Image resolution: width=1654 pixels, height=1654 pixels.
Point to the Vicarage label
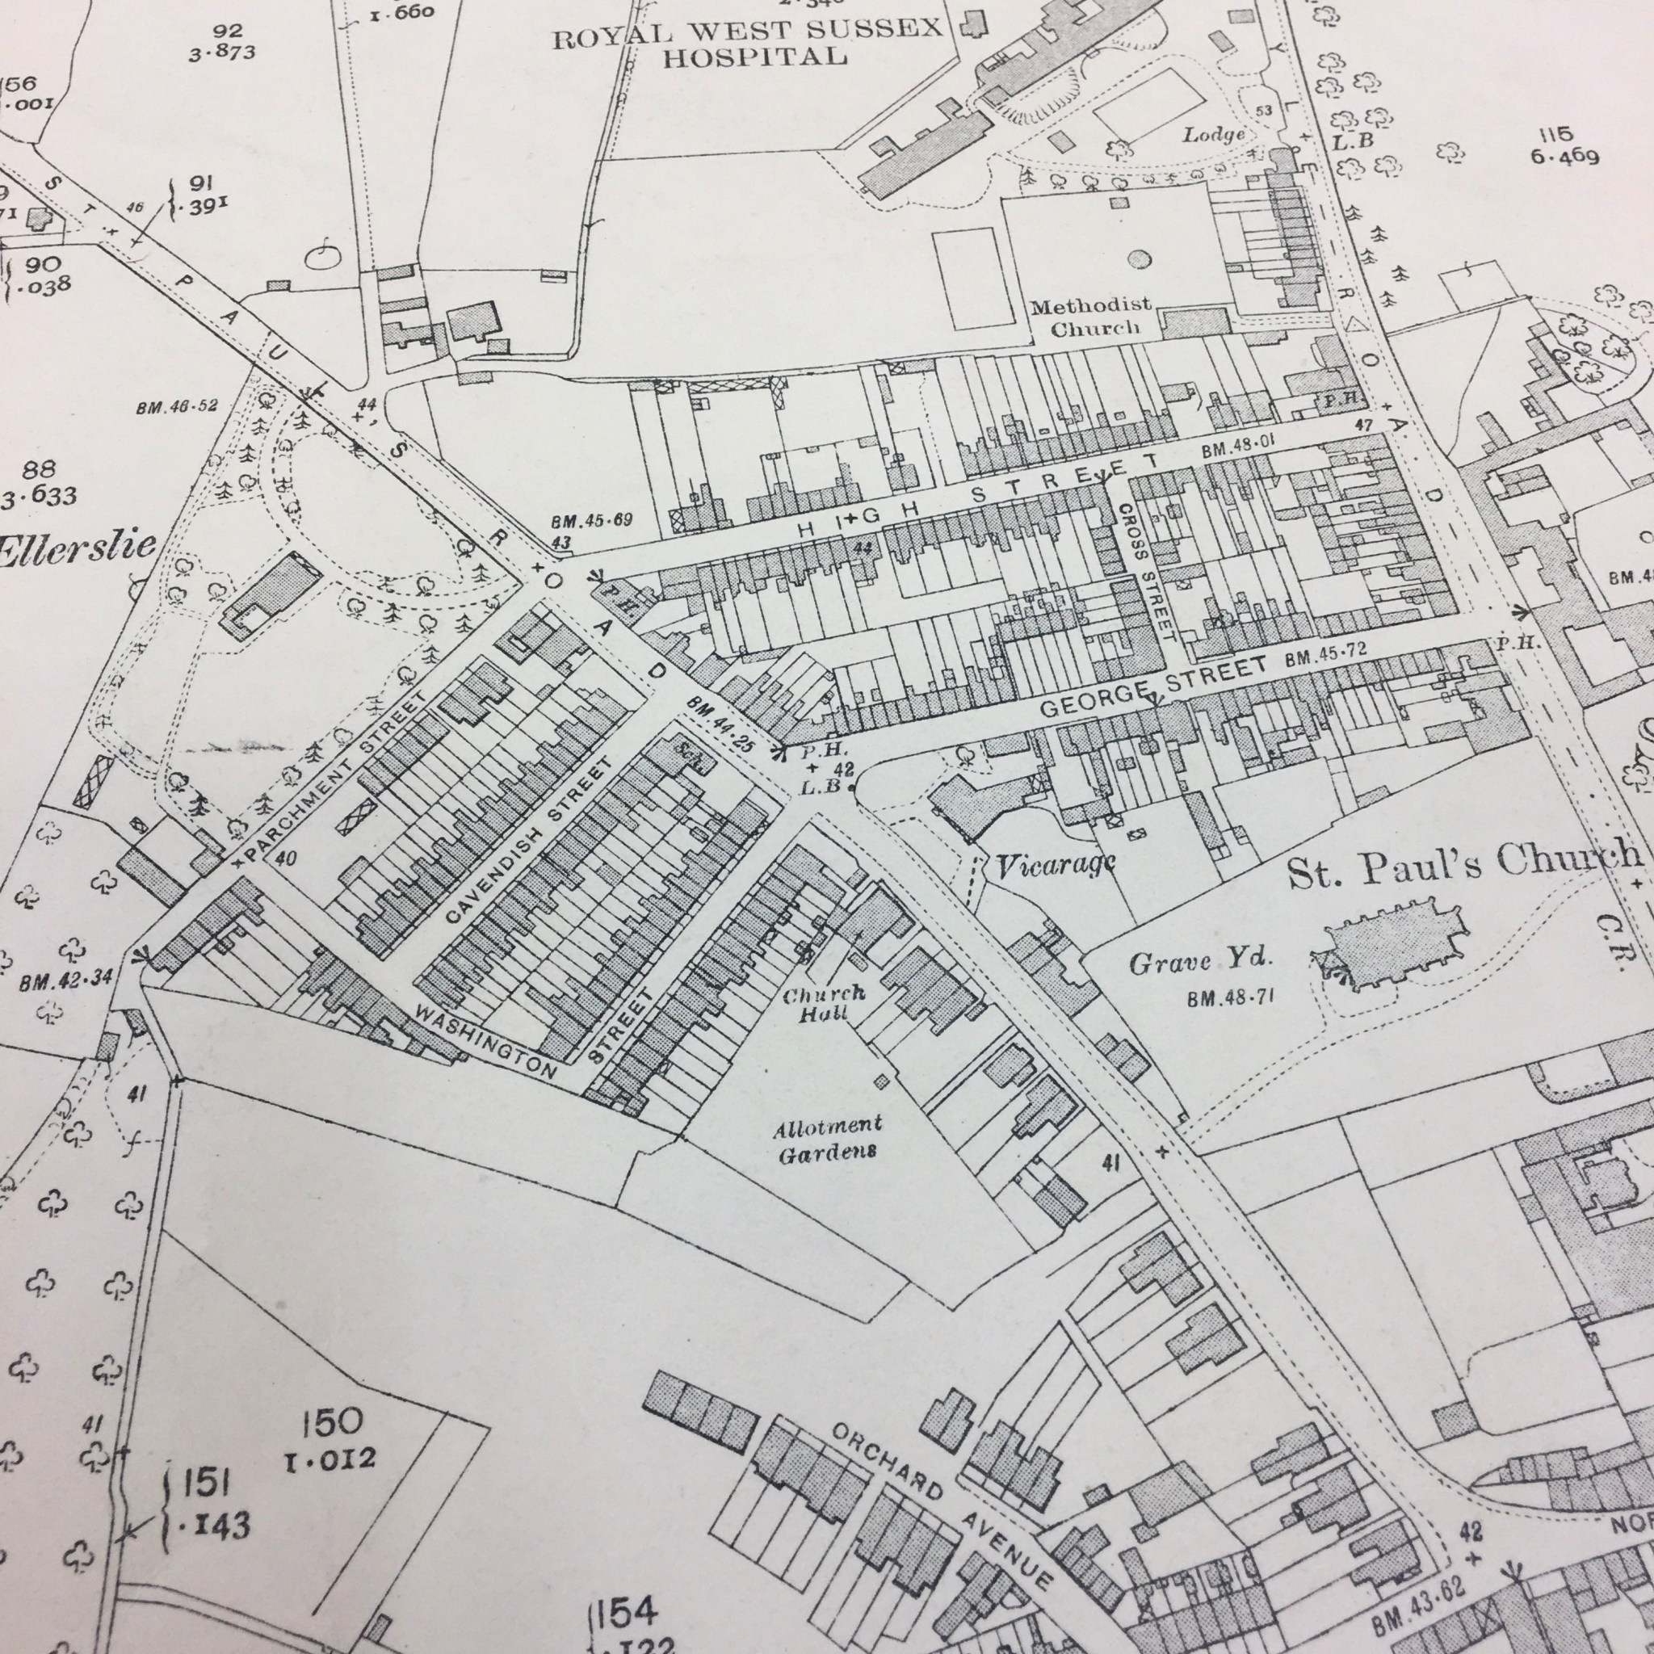tap(1055, 867)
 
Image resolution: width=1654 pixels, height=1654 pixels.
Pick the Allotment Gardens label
tap(827, 1140)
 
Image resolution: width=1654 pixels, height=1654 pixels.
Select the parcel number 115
tap(1555, 134)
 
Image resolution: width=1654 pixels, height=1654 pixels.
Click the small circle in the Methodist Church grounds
tap(1138, 258)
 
